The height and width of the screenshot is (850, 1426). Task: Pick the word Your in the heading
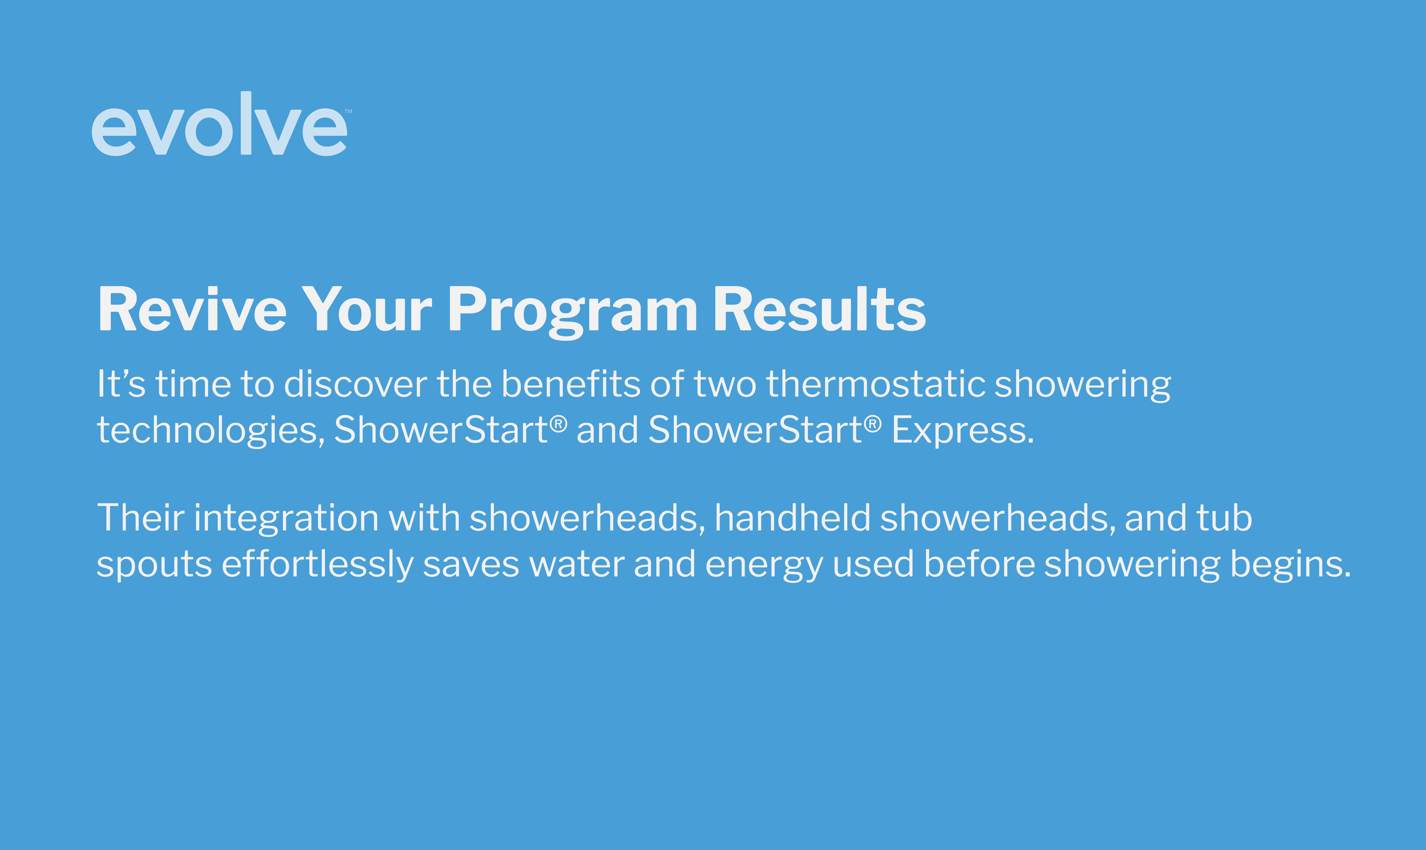tap(367, 309)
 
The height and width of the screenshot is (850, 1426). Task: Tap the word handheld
tap(792, 518)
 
